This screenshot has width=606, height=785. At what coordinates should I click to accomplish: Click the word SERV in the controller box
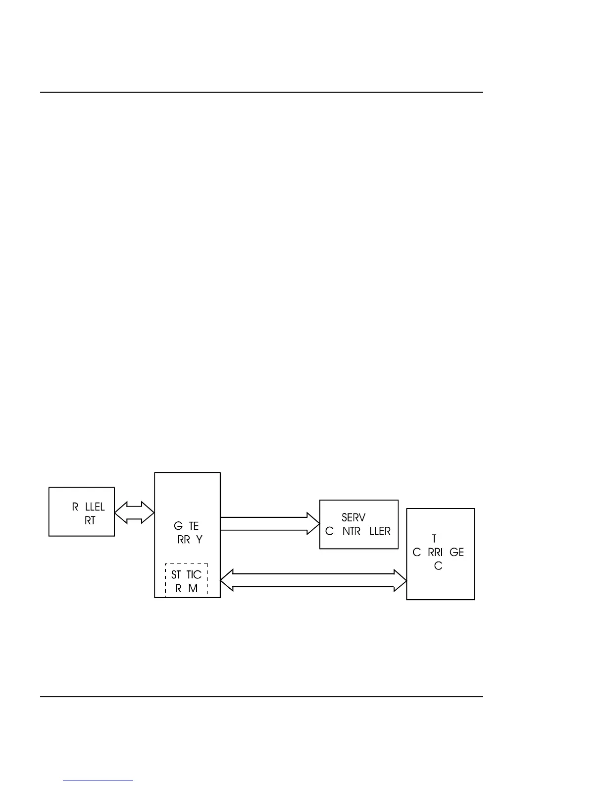point(353,517)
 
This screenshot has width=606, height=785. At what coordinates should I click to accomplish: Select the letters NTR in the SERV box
point(351,531)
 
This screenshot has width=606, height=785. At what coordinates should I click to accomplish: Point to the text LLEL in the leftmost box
point(95,507)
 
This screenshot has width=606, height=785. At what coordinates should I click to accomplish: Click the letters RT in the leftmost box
point(90,520)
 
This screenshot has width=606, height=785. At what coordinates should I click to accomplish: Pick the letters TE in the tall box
point(194,526)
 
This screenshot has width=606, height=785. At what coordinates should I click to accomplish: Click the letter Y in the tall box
point(199,539)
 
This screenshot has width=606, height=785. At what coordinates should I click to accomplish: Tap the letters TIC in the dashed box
point(194,575)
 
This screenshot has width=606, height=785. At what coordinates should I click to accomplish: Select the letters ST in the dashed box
point(176,575)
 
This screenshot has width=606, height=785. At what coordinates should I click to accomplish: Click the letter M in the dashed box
point(193,588)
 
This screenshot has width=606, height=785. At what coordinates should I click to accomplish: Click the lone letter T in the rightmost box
point(434,539)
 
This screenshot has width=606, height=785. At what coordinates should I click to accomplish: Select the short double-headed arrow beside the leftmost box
point(134,512)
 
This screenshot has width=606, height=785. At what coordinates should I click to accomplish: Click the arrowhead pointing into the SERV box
point(313,524)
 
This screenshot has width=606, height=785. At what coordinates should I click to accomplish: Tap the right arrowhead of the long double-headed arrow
point(400,580)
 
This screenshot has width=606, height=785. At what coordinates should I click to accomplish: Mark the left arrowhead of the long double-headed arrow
point(227,580)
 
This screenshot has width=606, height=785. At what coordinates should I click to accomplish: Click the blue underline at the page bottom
point(98,781)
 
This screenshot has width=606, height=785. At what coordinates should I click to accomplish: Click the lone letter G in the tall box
point(178,526)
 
